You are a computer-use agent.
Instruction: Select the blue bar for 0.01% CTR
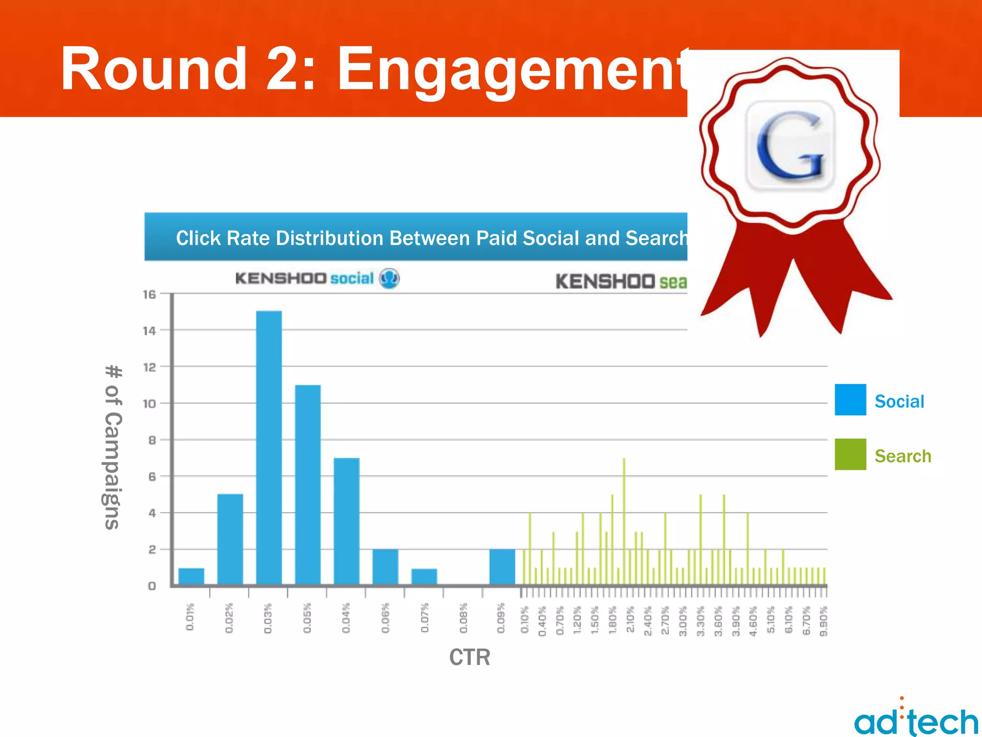tap(191, 576)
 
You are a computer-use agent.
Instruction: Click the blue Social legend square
tap(850, 399)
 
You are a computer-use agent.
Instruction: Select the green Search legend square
tap(850, 454)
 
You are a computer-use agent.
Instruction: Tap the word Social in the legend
tap(899, 401)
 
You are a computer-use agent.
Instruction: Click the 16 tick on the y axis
tap(150, 294)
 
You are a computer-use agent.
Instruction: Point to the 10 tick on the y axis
tap(150, 404)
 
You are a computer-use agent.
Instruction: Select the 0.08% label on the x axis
tap(464, 618)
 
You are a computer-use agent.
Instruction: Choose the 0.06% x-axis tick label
tap(386, 618)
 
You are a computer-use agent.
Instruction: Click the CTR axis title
tap(469, 657)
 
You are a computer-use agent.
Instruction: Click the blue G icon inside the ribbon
tap(790, 145)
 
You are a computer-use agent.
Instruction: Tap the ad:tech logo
tap(916, 720)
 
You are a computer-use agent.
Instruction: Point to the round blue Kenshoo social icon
tap(389, 278)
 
